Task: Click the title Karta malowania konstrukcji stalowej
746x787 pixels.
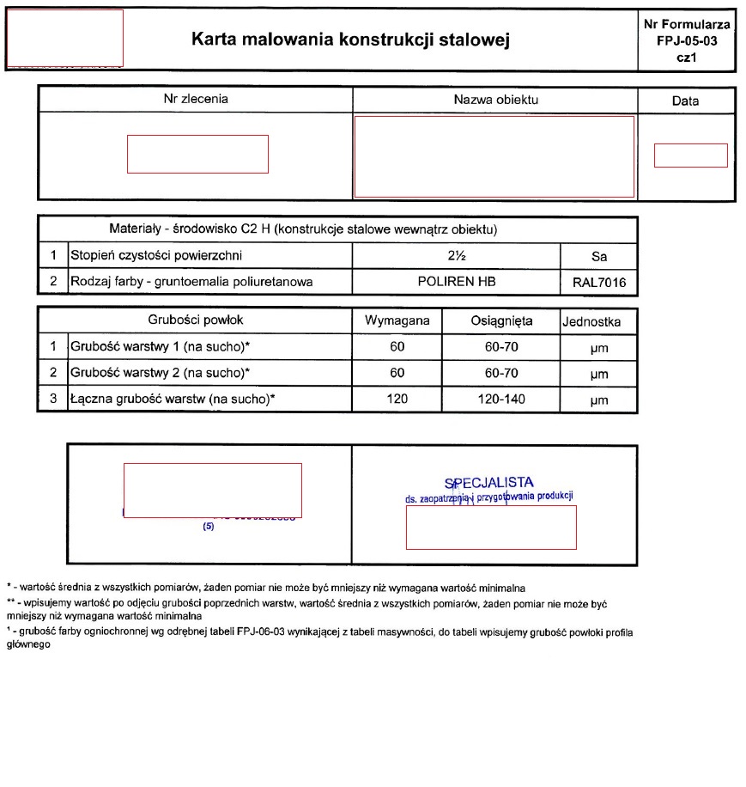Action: click(350, 40)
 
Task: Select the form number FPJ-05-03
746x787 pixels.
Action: click(686, 40)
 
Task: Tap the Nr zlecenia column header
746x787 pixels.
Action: click(196, 100)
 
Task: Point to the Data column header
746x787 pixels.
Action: click(685, 101)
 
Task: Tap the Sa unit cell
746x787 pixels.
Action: click(598, 257)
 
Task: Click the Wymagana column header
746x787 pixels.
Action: click(397, 321)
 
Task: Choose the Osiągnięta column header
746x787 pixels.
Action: click(501, 321)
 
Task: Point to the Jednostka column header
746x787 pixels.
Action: click(591, 322)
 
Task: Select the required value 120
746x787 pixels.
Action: click(397, 400)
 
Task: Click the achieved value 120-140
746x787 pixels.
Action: click(501, 400)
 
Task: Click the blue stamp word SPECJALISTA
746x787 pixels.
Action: click(488, 483)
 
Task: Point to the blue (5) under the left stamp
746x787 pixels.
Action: click(208, 528)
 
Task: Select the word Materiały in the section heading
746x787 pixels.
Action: click(136, 230)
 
